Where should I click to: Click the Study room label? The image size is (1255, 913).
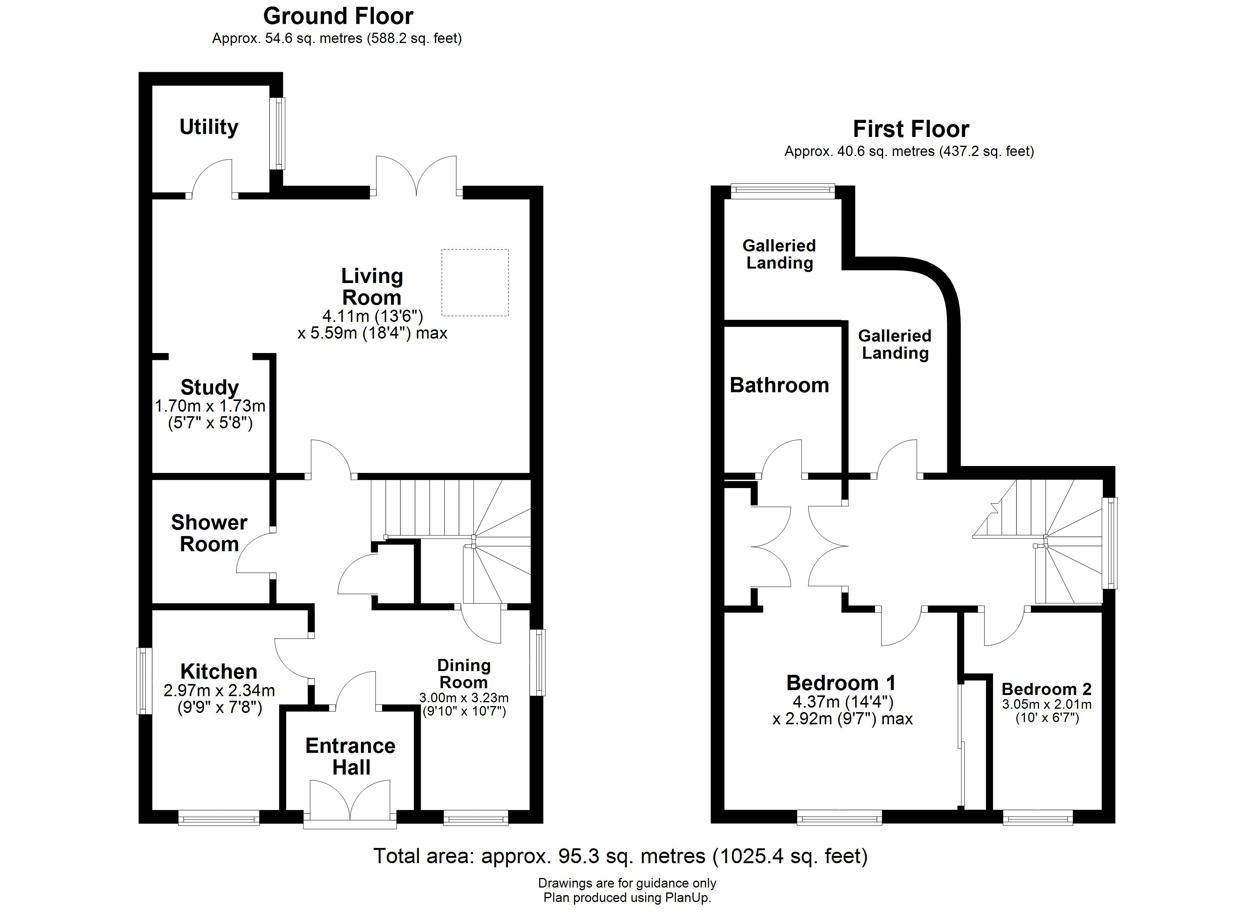pos(209,387)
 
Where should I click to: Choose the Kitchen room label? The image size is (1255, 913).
pos(219,671)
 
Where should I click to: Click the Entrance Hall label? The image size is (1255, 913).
pos(350,756)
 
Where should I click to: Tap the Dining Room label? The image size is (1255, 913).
pos(463,674)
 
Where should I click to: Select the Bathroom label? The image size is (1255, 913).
pos(779,385)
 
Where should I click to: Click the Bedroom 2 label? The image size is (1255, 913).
pos(1046,689)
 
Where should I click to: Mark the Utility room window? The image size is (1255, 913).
pos(280,134)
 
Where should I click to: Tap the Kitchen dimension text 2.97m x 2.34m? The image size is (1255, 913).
pos(219,690)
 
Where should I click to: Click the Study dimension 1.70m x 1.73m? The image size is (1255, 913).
pos(210,406)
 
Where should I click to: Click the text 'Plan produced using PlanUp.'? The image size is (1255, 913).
pos(627,897)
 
